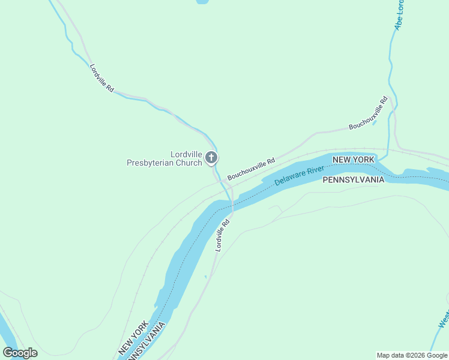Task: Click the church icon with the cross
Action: (x=211, y=157)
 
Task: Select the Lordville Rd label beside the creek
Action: (x=101, y=77)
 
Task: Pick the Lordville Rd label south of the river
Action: (x=223, y=235)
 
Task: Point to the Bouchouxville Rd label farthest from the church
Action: (x=369, y=113)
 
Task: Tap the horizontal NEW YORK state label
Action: (x=354, y=160)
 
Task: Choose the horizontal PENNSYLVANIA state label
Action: (x=353, y=180)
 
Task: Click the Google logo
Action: (x=20, y=353)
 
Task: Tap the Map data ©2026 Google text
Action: (x=412, y=355)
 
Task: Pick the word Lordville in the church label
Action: (x=185, y=154)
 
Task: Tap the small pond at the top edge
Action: (x=202, y=2)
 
